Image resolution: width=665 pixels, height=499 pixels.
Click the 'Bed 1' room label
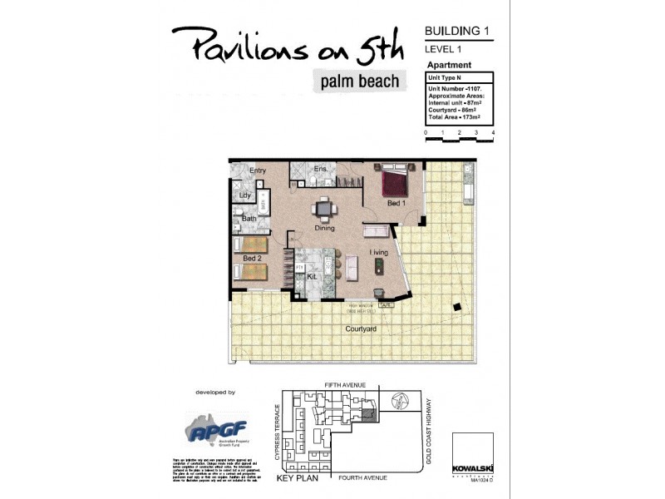pos(397,203)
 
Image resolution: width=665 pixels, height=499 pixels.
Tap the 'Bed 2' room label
pos(253,259)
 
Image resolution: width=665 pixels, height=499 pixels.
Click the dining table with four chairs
pos(324,209)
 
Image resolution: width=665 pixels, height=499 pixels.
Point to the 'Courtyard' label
pos(361,329)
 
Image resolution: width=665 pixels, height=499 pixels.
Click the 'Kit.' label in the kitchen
pos(313,275)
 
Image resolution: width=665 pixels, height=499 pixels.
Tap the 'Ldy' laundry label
pos(244,195)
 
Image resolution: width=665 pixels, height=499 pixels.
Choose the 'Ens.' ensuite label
pos(320,170)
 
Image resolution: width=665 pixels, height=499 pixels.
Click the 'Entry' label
pos(257,170)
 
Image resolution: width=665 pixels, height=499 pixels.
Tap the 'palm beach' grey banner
pos(359,81)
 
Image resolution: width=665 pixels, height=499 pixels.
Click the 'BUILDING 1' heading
pos(456,31)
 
